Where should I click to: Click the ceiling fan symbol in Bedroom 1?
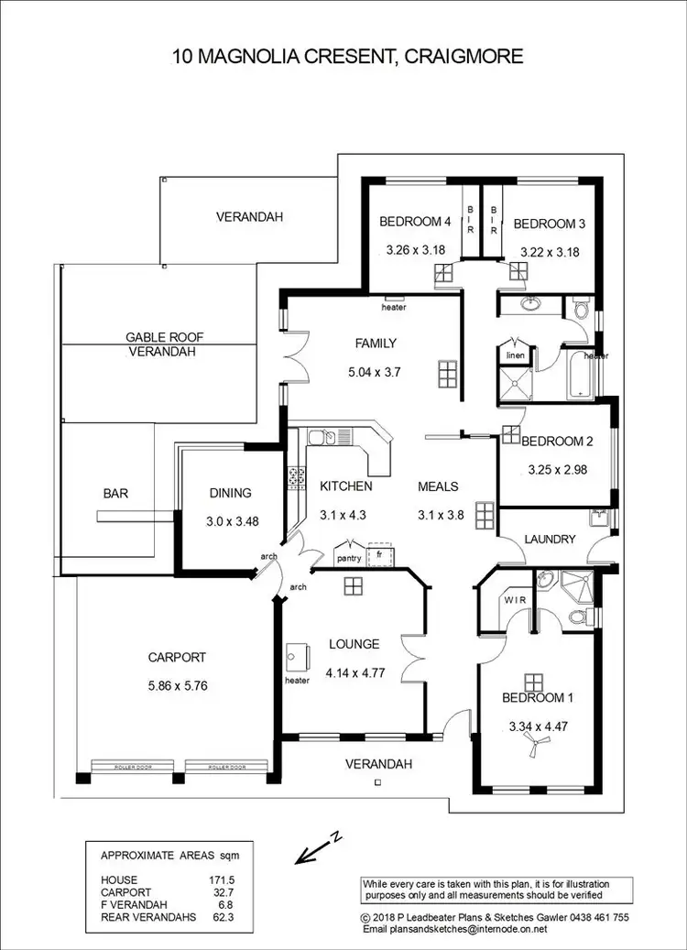(533, 749)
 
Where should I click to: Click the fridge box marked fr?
(379, 554)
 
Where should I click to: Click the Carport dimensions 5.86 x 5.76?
(178, 684)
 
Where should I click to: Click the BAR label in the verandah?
(115, 493)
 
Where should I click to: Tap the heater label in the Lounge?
(297, 681)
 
